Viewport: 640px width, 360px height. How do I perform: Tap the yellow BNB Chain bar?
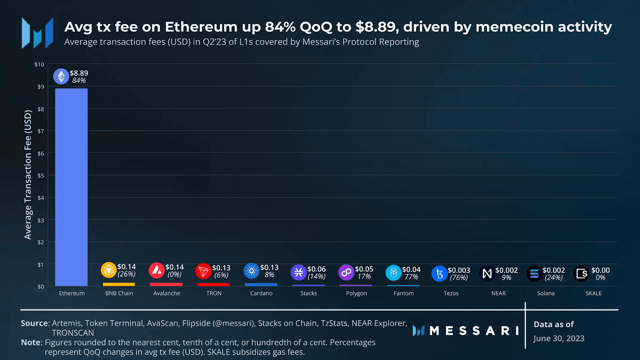[x=119, y=284]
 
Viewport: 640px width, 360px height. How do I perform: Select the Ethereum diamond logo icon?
[x=61, y=76]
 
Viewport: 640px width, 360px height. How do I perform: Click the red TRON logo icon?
[x=203, y=271]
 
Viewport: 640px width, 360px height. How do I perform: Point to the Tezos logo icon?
[x=439, y=274]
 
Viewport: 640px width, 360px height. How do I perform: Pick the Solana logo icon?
[x=534, y=274]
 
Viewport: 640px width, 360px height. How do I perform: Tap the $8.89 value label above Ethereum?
[x=79, y=73]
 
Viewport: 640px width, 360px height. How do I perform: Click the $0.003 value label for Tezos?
[x=459, y=270]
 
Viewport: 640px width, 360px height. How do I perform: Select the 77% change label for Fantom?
[x=411, y=277]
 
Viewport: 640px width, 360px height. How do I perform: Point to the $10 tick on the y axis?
[x=39, y=64]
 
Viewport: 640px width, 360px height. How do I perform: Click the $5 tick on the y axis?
[x=41, y=176]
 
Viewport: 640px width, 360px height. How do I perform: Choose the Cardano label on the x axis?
[x=261, y=293]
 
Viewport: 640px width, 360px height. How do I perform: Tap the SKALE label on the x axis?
[x=593, y=293]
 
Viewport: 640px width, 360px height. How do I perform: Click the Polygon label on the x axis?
[x=356, y=293]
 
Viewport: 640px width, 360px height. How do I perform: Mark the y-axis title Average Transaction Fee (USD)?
[x=28, y=174]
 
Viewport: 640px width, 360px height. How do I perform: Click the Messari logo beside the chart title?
[x=38, y=33]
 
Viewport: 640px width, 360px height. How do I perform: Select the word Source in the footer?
[x=34, y=323]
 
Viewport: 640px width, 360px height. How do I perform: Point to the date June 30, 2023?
[x=559, y=338]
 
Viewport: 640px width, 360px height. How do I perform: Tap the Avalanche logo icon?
[x=156, y=271]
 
